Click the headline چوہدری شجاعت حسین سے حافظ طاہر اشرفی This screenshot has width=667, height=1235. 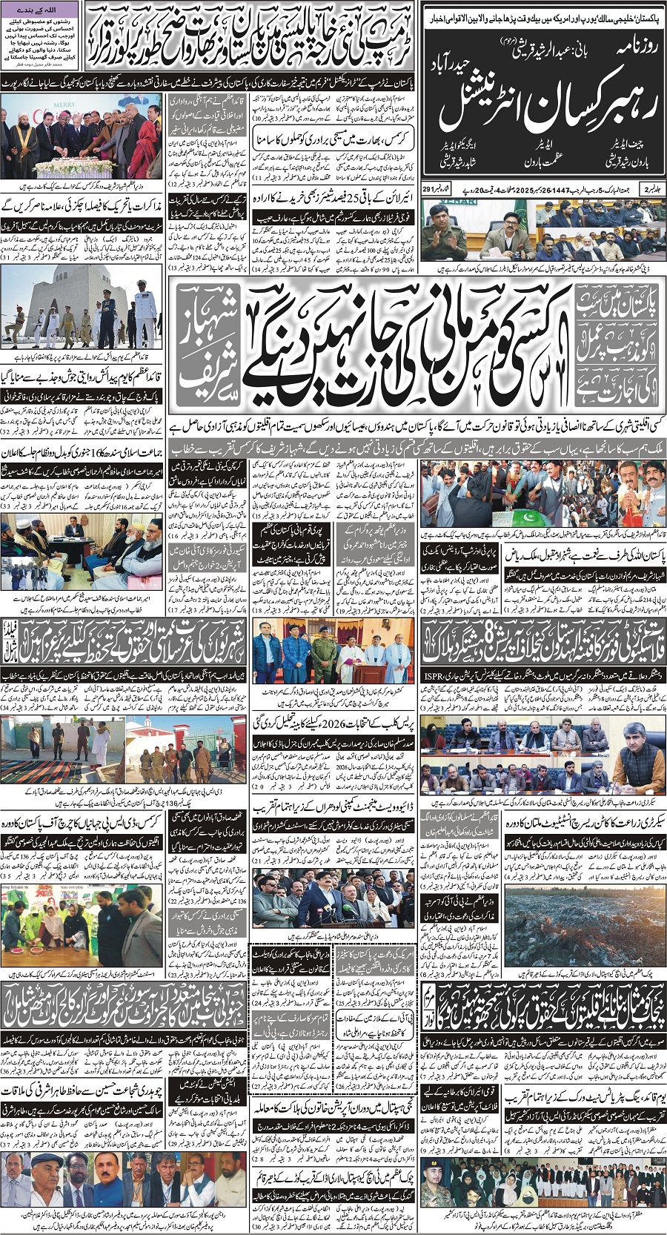[85, 1091]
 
